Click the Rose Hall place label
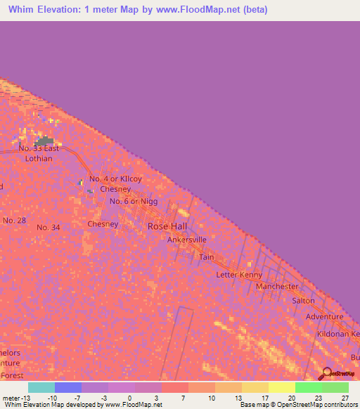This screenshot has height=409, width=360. coord(167,226)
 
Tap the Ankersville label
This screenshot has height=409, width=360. coord(186,240)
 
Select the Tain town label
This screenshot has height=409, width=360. coord(206,257)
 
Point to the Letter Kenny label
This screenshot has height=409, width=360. coord(239,274)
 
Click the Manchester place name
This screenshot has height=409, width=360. coord(277,287)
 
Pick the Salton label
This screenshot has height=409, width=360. coord(303,301)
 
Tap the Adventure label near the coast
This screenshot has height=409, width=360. coord(324,317)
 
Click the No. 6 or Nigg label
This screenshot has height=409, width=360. coord(134,202)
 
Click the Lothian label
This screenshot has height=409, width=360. coord(41,159)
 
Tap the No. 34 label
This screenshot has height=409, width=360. coord(49,227)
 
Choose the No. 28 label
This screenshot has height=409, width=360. coord(14,221)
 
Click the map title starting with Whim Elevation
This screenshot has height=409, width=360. coord(138,10)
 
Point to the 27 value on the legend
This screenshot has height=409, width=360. coord(345,397)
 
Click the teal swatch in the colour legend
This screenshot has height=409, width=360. coord(41,387)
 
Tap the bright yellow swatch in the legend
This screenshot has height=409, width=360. coord(281,387)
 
